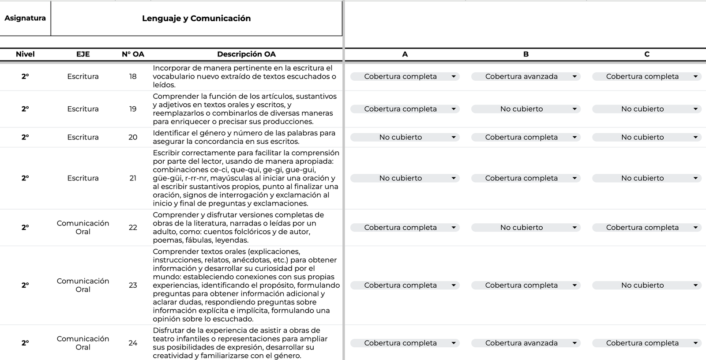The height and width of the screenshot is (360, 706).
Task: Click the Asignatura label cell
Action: pos(25,18)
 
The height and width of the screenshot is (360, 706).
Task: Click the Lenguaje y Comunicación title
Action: pos(196,18)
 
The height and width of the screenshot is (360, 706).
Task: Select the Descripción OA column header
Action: pos(246,54)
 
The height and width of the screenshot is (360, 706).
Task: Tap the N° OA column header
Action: pos(133,54)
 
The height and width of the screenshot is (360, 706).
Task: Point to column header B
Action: pos(526,54)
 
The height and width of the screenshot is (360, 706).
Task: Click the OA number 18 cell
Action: pos(133,76)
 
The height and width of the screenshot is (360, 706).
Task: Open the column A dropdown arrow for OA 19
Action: pos(454,109)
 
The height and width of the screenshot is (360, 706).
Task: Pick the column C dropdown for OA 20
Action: pos(646,137)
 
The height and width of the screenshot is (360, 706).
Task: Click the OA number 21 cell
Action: pos(133,178)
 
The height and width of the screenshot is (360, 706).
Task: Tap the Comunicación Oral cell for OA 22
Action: pos(83,227)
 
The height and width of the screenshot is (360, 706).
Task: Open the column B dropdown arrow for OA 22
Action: pos(575,228)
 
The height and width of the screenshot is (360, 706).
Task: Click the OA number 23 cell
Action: pos(133,285)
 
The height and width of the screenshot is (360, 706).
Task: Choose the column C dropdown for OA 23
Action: pos(646,285)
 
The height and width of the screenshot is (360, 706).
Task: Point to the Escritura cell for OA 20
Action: pos(83,137)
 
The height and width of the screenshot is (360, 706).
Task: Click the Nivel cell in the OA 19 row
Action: pos(25,109)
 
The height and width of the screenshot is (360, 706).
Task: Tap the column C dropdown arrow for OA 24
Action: pos(695,343)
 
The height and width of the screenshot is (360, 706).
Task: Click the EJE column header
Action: pos(83,54)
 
